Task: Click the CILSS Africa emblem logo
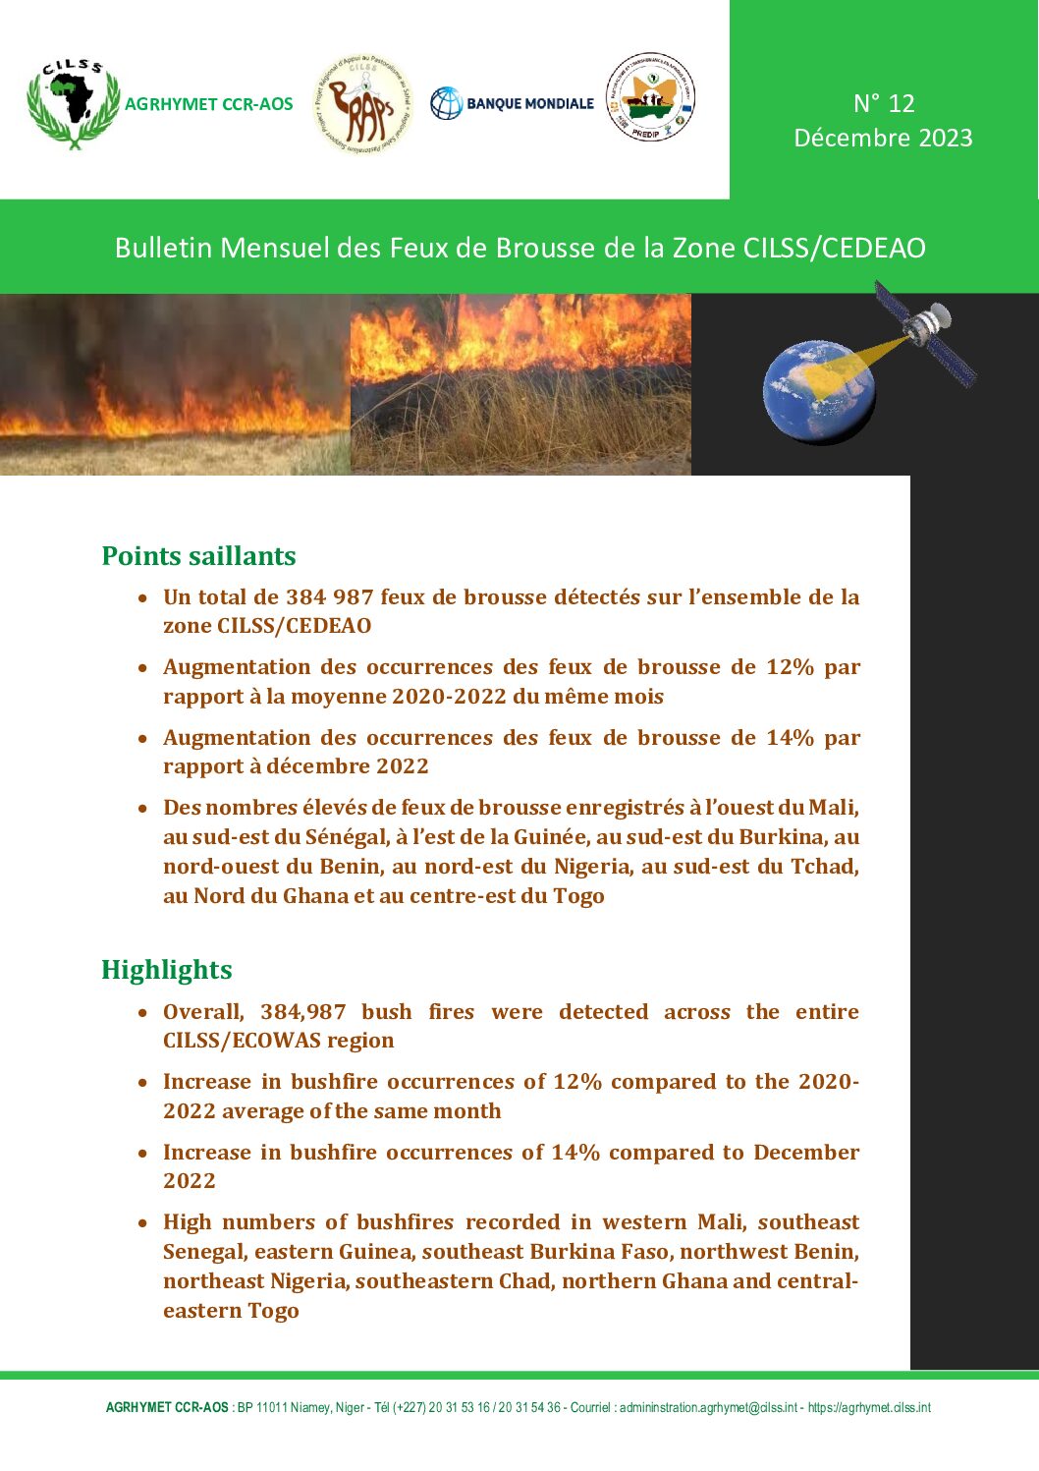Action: tap(74, 102)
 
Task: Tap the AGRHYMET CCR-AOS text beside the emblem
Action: tap(208, 104)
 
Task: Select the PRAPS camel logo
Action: tap(362, 103)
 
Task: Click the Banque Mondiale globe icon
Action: tap(446, 103)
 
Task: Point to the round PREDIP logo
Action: tap(650, 96)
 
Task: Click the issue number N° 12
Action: tap(883, 103)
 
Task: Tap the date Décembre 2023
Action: tap(883, 138)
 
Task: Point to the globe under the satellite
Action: tap(818, 392)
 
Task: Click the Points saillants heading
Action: tap(198, 556)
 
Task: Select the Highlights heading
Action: tap(167, 970)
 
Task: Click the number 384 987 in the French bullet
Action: tap(329, 597)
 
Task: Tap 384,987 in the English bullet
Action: tap(303, 1012)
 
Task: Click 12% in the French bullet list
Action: tap(791, 667)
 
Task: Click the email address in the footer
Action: tap(708, 1408)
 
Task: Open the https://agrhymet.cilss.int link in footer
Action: tap(869, 1408)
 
